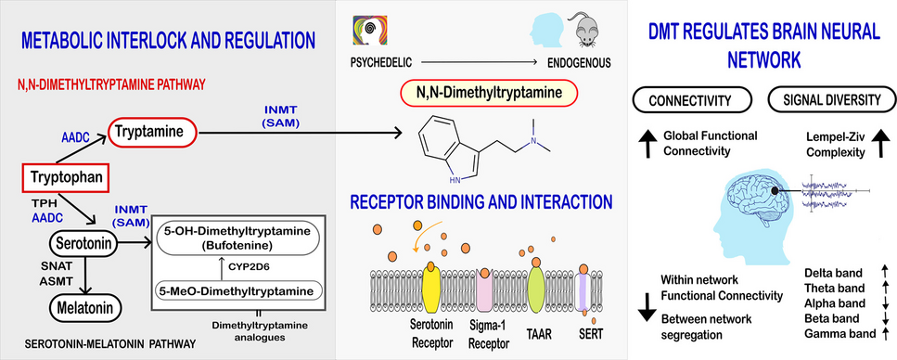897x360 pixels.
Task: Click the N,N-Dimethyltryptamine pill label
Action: point(488,93)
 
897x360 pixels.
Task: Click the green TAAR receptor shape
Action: point(536,289)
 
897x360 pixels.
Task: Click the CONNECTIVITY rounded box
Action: point(690,101)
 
